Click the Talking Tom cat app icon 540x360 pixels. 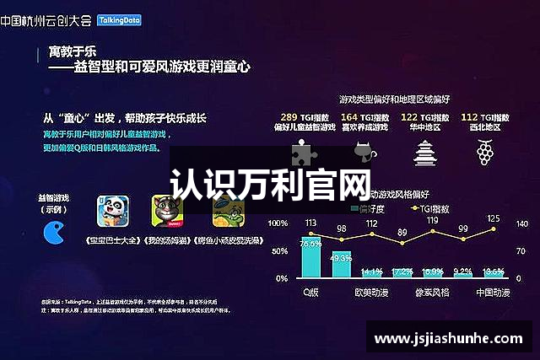(x=166, y=212)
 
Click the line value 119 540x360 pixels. (x=432, y=221)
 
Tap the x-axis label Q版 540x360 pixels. (x=312, y=292)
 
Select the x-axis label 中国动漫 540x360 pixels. (x=494, y=292)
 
